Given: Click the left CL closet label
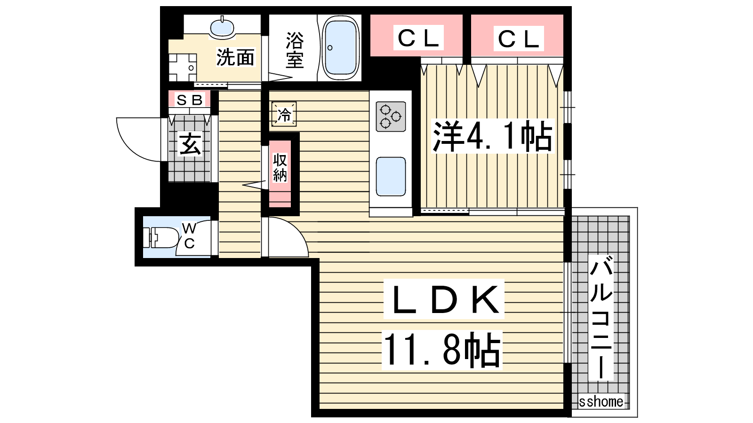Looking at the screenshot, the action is click(418, 38).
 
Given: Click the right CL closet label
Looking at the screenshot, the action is click(519, 39).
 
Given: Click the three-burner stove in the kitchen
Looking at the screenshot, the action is click(391, 117).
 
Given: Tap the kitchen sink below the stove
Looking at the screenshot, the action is click(391, 177).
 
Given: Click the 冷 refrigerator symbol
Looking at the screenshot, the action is click(284, 115).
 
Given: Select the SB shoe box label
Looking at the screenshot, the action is click(190, 100).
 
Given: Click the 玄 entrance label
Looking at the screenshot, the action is click(190, 144).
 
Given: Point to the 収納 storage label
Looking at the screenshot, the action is click(280, 167).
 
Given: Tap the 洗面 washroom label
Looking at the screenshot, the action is click(235, 57).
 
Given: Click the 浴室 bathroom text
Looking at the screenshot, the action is click(295, 50).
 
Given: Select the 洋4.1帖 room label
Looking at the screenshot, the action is click(492, 136).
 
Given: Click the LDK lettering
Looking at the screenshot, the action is click(444, 299).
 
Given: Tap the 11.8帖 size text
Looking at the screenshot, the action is click(442, 349).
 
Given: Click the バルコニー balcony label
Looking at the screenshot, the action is click(601, 317).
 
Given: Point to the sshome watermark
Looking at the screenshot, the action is click(601, 401).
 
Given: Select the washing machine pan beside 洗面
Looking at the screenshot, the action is click(183, 68).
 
